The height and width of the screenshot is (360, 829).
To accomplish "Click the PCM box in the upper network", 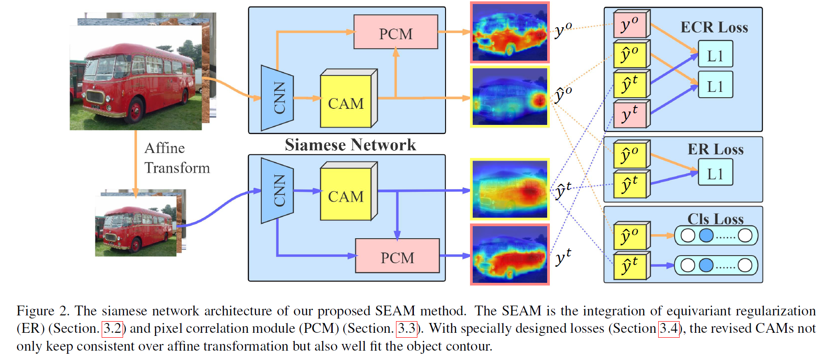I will point(396,32).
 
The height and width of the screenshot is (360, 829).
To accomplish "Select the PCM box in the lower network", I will point(397,256).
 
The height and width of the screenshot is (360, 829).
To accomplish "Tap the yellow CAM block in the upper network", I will point(346,102).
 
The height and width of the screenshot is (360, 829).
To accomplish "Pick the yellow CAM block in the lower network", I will point(346,194).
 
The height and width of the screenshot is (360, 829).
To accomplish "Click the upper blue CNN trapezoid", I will point(277,98).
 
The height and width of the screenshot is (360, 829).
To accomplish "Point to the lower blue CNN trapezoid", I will point(277,190).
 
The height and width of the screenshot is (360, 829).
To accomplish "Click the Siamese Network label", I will point(350,145).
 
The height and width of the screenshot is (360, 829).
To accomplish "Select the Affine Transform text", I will point(177,158).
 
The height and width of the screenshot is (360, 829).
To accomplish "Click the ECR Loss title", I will point(714,27).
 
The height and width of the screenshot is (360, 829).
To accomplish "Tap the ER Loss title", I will point(715,149).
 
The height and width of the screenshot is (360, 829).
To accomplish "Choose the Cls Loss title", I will point(715,219).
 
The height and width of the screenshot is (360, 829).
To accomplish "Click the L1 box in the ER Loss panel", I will point(715,173).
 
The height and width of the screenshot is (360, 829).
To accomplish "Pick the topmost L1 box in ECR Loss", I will point(715,54).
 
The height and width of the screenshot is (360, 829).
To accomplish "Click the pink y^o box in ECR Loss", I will point(630,25).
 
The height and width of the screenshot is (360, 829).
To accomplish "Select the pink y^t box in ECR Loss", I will point(630,115).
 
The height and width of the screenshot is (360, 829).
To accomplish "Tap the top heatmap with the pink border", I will point(510,33).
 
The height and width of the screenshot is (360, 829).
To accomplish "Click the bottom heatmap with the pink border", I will point(510,254).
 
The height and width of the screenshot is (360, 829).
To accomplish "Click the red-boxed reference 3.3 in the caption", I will point(407,329).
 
